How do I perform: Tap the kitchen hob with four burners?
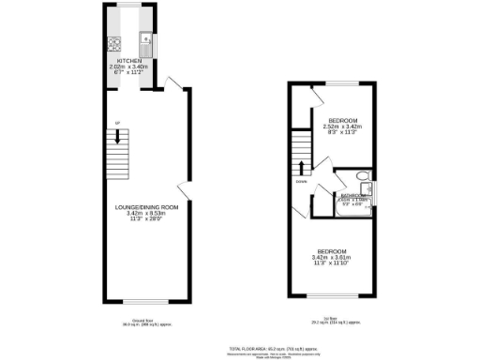(x=113, y=42)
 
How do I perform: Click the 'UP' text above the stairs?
(x=117, y=124)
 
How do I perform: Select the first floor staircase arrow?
(x=300, y=170)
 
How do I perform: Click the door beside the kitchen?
(x=171, y=83)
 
